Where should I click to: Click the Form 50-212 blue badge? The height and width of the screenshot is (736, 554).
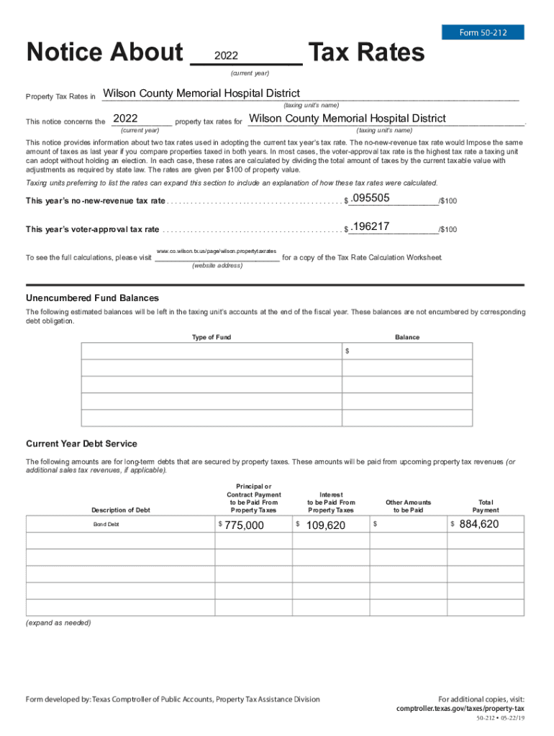pyautogui.click(x=482, y=32)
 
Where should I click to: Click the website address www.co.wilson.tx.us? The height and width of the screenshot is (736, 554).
pyautogui.click(x=217, y=251)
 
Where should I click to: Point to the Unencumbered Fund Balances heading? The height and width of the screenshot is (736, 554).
pyautogui.click(x=92, y=298)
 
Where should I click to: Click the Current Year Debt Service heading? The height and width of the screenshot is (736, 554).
pyautogui.click(x=81, y=443)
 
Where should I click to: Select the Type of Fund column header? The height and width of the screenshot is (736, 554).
pyautogui.click(x=212, y=337)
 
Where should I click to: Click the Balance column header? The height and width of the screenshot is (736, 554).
pyautogui.click(x=407, y=337)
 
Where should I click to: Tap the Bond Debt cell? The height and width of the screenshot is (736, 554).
pyautogui.click(x=106, y=525)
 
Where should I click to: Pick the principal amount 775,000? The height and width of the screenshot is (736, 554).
pyautogui.click(x=244, y=525)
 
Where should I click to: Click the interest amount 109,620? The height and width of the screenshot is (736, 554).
pyautogui.click(x=325, y=525)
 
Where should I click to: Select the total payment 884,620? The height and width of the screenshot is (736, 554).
pyautogui.click(x=478, y=525)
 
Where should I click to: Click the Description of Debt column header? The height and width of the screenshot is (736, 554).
pyautogui.click(x=120, y=510)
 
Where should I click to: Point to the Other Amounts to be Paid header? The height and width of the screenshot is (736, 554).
pyautogui.click(x=408, y=506)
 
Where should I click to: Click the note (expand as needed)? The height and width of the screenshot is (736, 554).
pyautogui.click(x=58, y=622)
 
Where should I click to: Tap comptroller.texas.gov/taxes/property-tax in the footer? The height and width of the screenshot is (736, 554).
pyautogui.click(x=460, y=708)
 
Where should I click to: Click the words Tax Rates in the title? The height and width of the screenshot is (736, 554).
pyautogui.click(x=366, y=52)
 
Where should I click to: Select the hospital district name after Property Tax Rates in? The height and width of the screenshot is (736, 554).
pyautogui.click(x=201, y=93)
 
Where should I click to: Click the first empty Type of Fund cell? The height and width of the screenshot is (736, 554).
pyautogui.click(x=212, y=351)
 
